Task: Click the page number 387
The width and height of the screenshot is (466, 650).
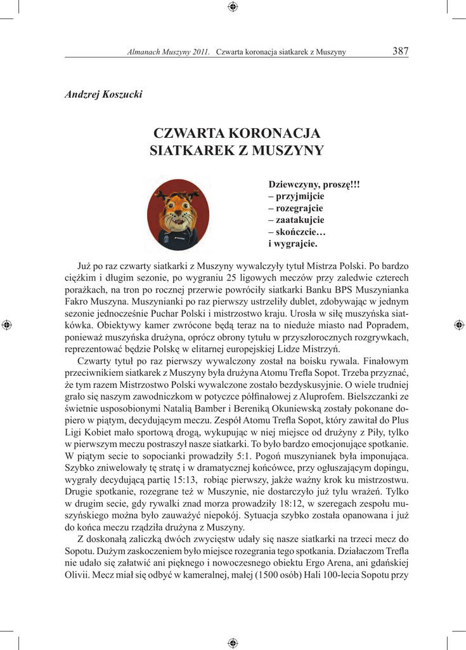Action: tap(400, 51)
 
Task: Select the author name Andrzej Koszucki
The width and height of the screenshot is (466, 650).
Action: tap(104, 95)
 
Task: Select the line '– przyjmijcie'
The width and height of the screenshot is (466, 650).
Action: tap(297, 196)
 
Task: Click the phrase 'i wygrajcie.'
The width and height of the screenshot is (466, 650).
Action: tap(293, 243)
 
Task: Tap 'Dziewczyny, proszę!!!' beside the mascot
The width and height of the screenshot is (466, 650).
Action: tap(314, 185)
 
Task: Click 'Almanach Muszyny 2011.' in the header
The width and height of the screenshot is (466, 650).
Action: tap(169, 52)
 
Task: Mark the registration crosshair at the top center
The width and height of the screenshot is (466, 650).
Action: tap(233, 7)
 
